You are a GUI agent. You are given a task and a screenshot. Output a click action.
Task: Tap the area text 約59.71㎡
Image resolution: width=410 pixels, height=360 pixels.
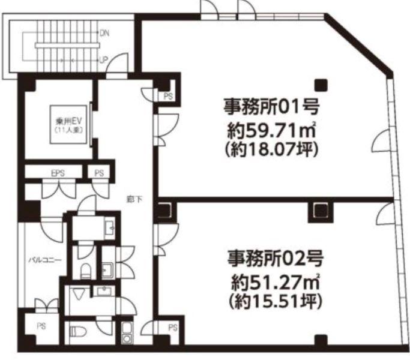pyautogui.click(x=271, y=128)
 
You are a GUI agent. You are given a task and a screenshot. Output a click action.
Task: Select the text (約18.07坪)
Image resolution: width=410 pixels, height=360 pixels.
pyautogui.click(x=271, y=148)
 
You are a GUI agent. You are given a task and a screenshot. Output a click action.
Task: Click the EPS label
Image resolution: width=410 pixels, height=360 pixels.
pyautogui.click(x=57, y=173)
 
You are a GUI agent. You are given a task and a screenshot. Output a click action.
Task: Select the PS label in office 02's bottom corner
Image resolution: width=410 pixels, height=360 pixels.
pyautogui.click(x=172, y=328)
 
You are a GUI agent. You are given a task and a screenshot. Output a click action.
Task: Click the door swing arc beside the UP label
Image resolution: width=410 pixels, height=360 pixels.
pyautogui.click(x=118, y=62)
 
